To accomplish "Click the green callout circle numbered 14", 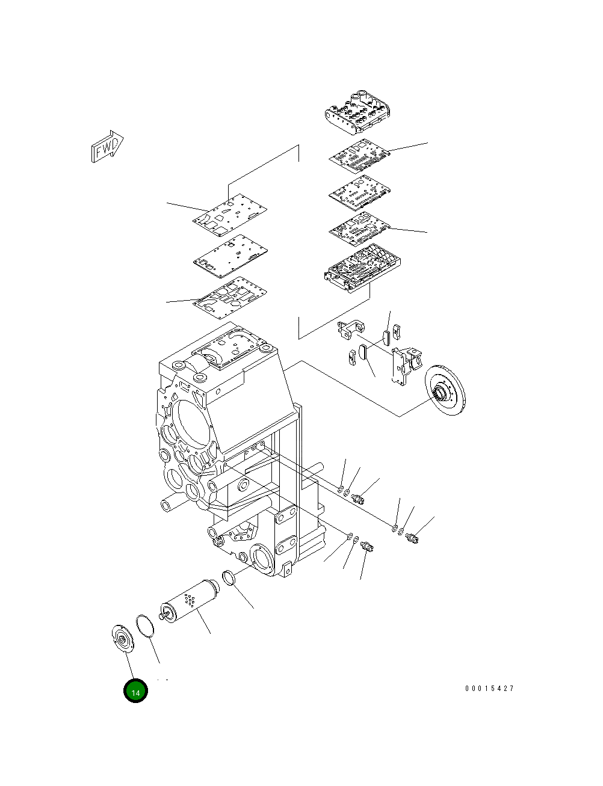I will [x=135, y=692].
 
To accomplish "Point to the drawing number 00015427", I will [x=489, y=689].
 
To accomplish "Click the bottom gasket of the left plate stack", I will [x=229, y=296].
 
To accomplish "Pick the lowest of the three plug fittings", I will [x=368, y=546].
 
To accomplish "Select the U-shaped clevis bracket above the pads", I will [x=351, y=328].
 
